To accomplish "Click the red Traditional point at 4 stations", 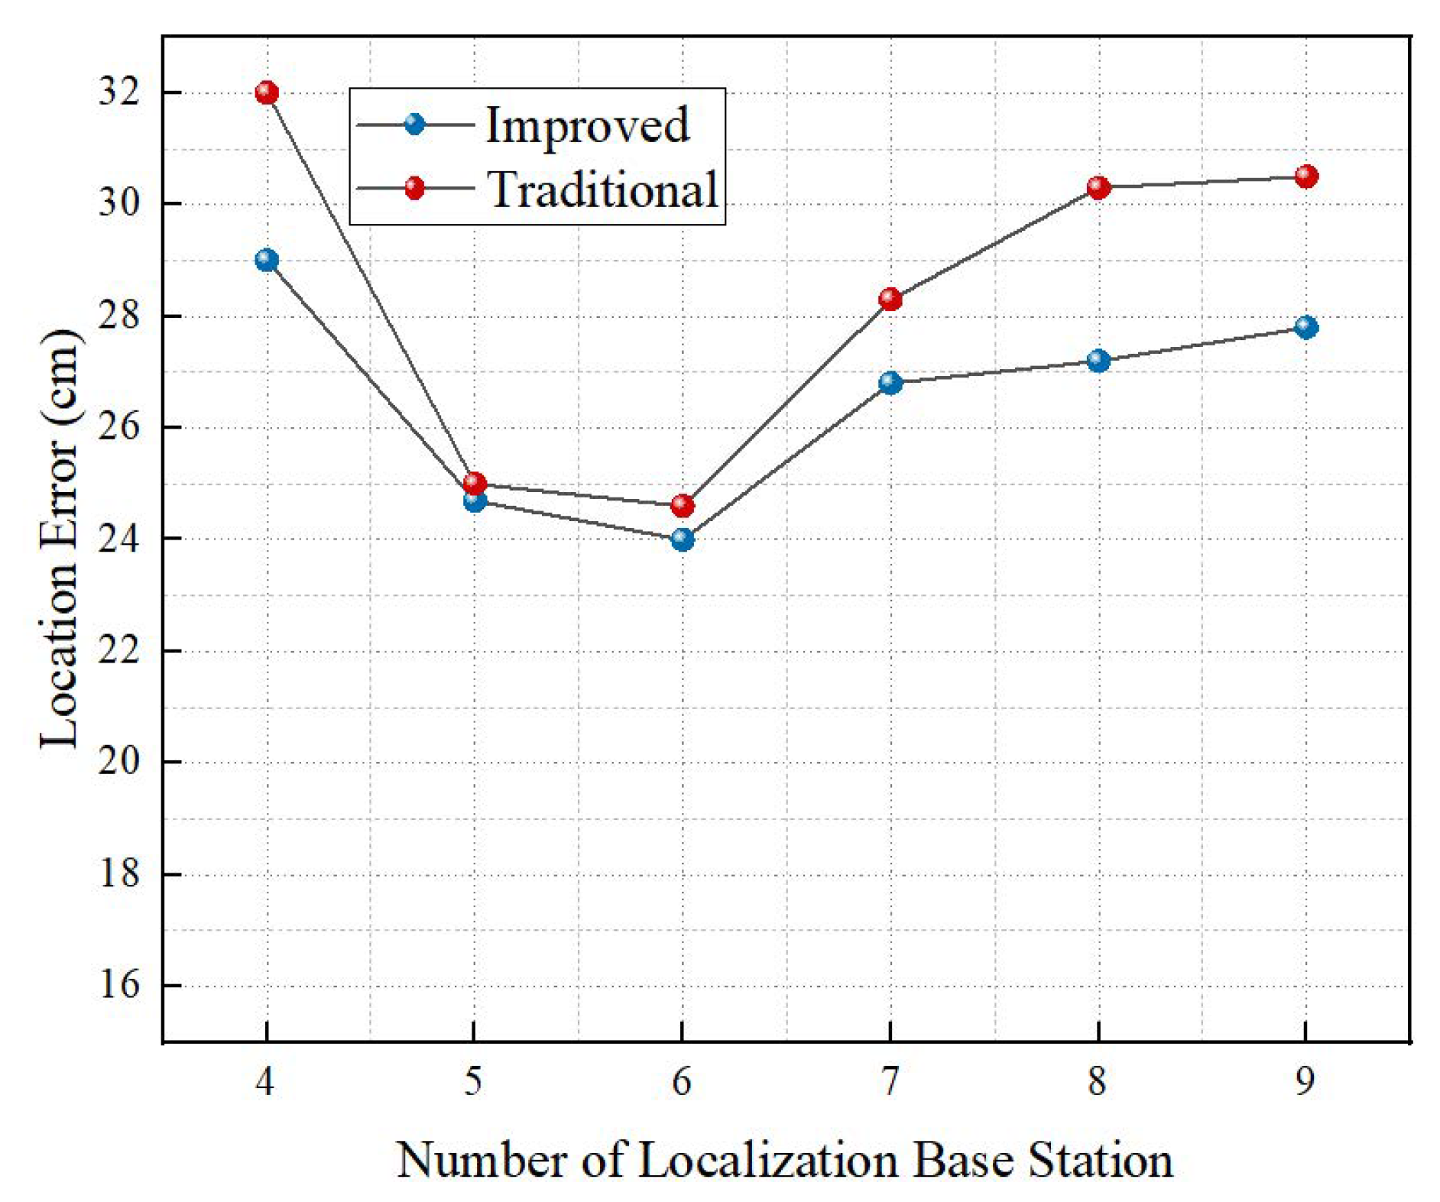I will tap(266, 93).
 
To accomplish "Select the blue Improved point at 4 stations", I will tap(266, 261).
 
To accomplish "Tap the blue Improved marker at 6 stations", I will tap(683, 539).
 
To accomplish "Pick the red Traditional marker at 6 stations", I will tap(683, 506).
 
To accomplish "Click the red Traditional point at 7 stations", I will tap(890, 299).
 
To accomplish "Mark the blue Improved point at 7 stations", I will tap(890, 383).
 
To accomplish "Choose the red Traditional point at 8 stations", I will tap(1098, 187).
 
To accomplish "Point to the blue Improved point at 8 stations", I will tap(1098, 361).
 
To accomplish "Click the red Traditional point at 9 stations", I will tap(1306, 177).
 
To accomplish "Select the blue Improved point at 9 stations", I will tap(1306, 327).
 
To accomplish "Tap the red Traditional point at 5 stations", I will tap(475, 483).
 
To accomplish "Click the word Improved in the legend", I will tap(587, 125).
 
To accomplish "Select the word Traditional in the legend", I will tap(603, 189).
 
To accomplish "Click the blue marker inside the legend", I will tap(415, 124).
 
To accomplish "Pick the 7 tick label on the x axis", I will tap(890, 1081).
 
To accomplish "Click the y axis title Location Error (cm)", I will tap(60, 539).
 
